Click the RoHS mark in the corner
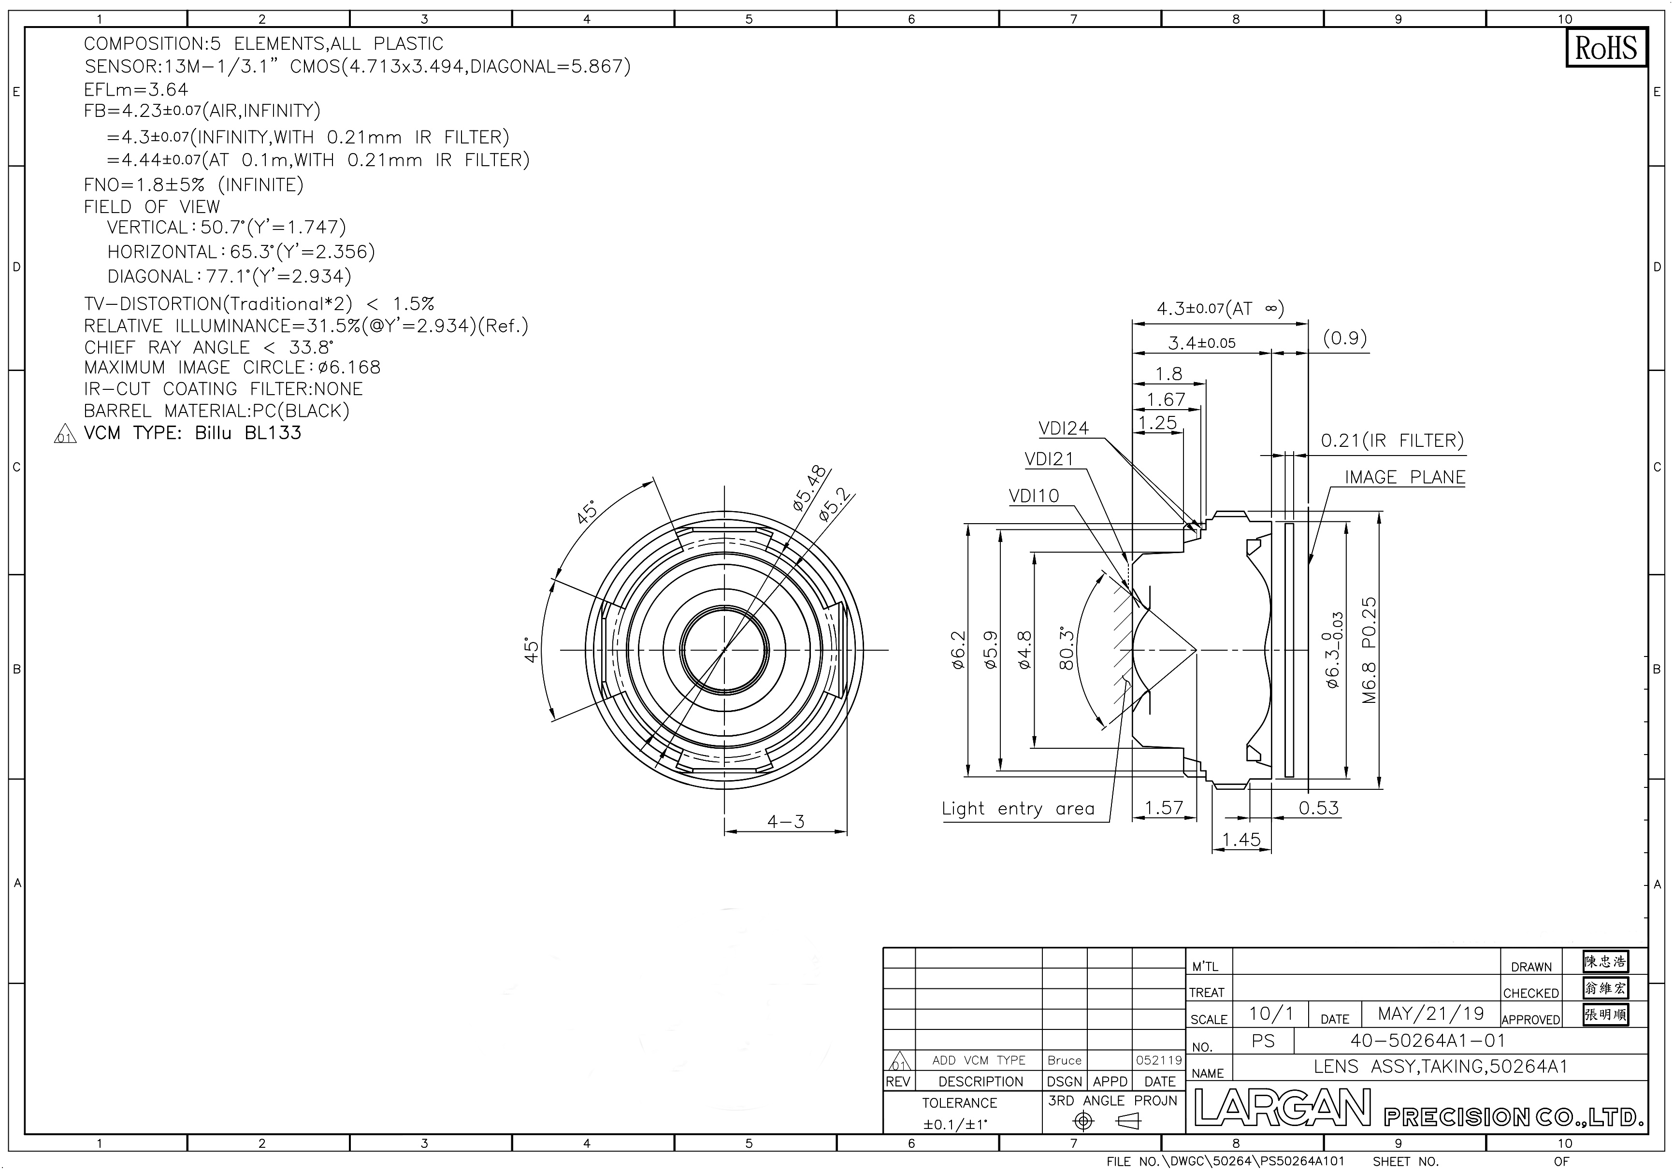coord(1605,48)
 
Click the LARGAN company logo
coord(1283,1109)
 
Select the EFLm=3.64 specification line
coord(136,89)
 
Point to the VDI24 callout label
coord(1064,428)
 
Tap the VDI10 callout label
coord(1034,496)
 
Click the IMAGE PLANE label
coord(1405,477)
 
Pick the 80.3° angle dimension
coord(1067,648)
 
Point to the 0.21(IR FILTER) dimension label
coord(1392,441)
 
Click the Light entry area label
coord(1018,809)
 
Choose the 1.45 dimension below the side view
coord(1241,839)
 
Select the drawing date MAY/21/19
coord(1431,1013)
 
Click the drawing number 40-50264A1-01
coord(1428,1041)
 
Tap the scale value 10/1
coord(1271,1013)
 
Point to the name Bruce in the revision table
coord(1065,1061)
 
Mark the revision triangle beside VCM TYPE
coord(65,435)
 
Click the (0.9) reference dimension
coord(1345,338)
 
